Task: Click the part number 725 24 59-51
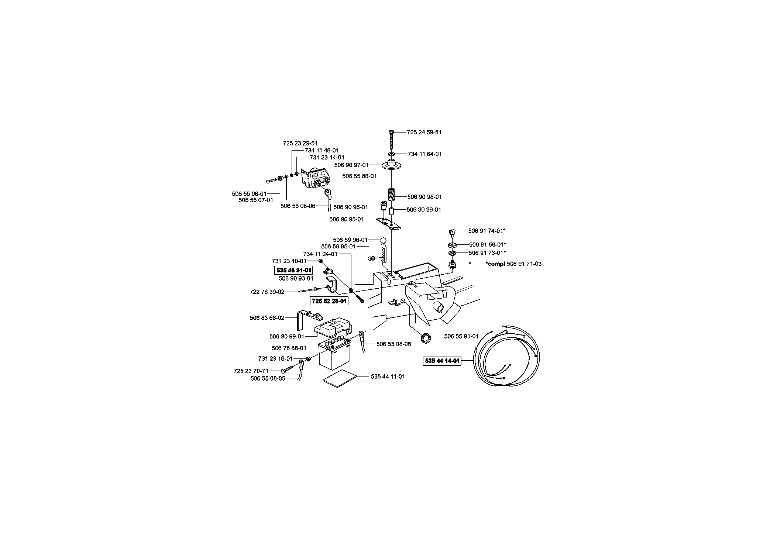click(x=424, y=132)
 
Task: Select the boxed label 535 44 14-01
click(x=442, y=361)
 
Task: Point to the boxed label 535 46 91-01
click(x=294, y=270)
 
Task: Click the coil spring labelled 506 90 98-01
click(x=391, y=195)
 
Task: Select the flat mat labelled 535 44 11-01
click(x=340, y=378)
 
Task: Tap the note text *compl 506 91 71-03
click(x=513, y=264)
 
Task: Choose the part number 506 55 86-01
click(x=360, y=176)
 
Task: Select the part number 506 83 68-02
click(x=267, y=318)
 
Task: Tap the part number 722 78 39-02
click(x=267, y=292)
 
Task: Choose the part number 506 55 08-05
click(x=268, y=378)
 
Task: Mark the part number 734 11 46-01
click(x=322, y=151)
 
